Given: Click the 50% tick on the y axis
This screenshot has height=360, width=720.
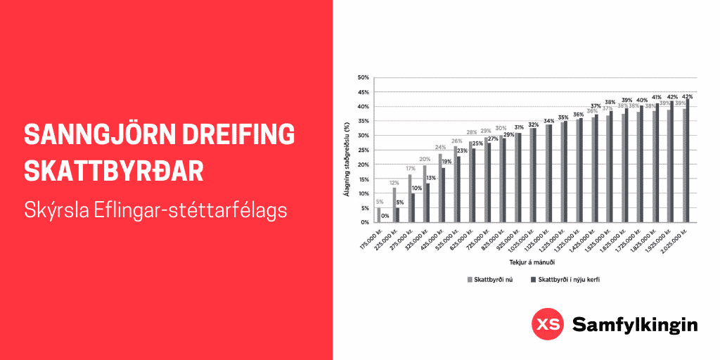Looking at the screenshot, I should [x=364, y=77].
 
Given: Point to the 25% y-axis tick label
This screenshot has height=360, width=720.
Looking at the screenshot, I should [x=364, y=150].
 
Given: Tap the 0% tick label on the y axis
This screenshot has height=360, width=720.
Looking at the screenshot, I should [x=365, y=222].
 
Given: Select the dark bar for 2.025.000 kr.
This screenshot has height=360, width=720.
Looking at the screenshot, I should [x=687, y=161].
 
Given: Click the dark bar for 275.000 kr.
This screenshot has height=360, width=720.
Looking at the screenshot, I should [x=413, y=208].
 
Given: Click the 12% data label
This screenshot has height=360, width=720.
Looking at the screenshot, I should [x=394, y=183].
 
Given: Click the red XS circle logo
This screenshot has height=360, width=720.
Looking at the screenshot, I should [x=546, y=324].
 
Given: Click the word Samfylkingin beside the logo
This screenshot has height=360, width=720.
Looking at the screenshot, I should [x=634, y=325].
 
